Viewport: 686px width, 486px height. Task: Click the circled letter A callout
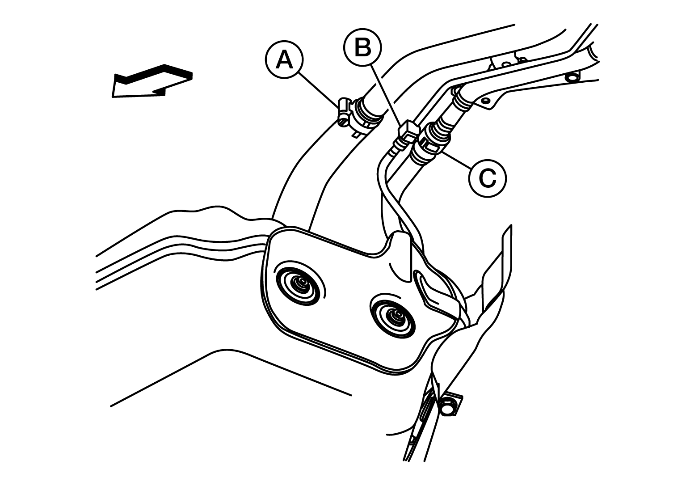click(x=284, y=60)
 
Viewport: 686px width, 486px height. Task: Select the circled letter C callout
click(x=487, y=178)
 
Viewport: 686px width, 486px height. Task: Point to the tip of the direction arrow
click(x=114, y=97)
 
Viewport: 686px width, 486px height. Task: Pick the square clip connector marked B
click(x=408, y=130)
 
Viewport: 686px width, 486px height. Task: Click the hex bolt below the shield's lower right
click(x=448, y=406)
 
